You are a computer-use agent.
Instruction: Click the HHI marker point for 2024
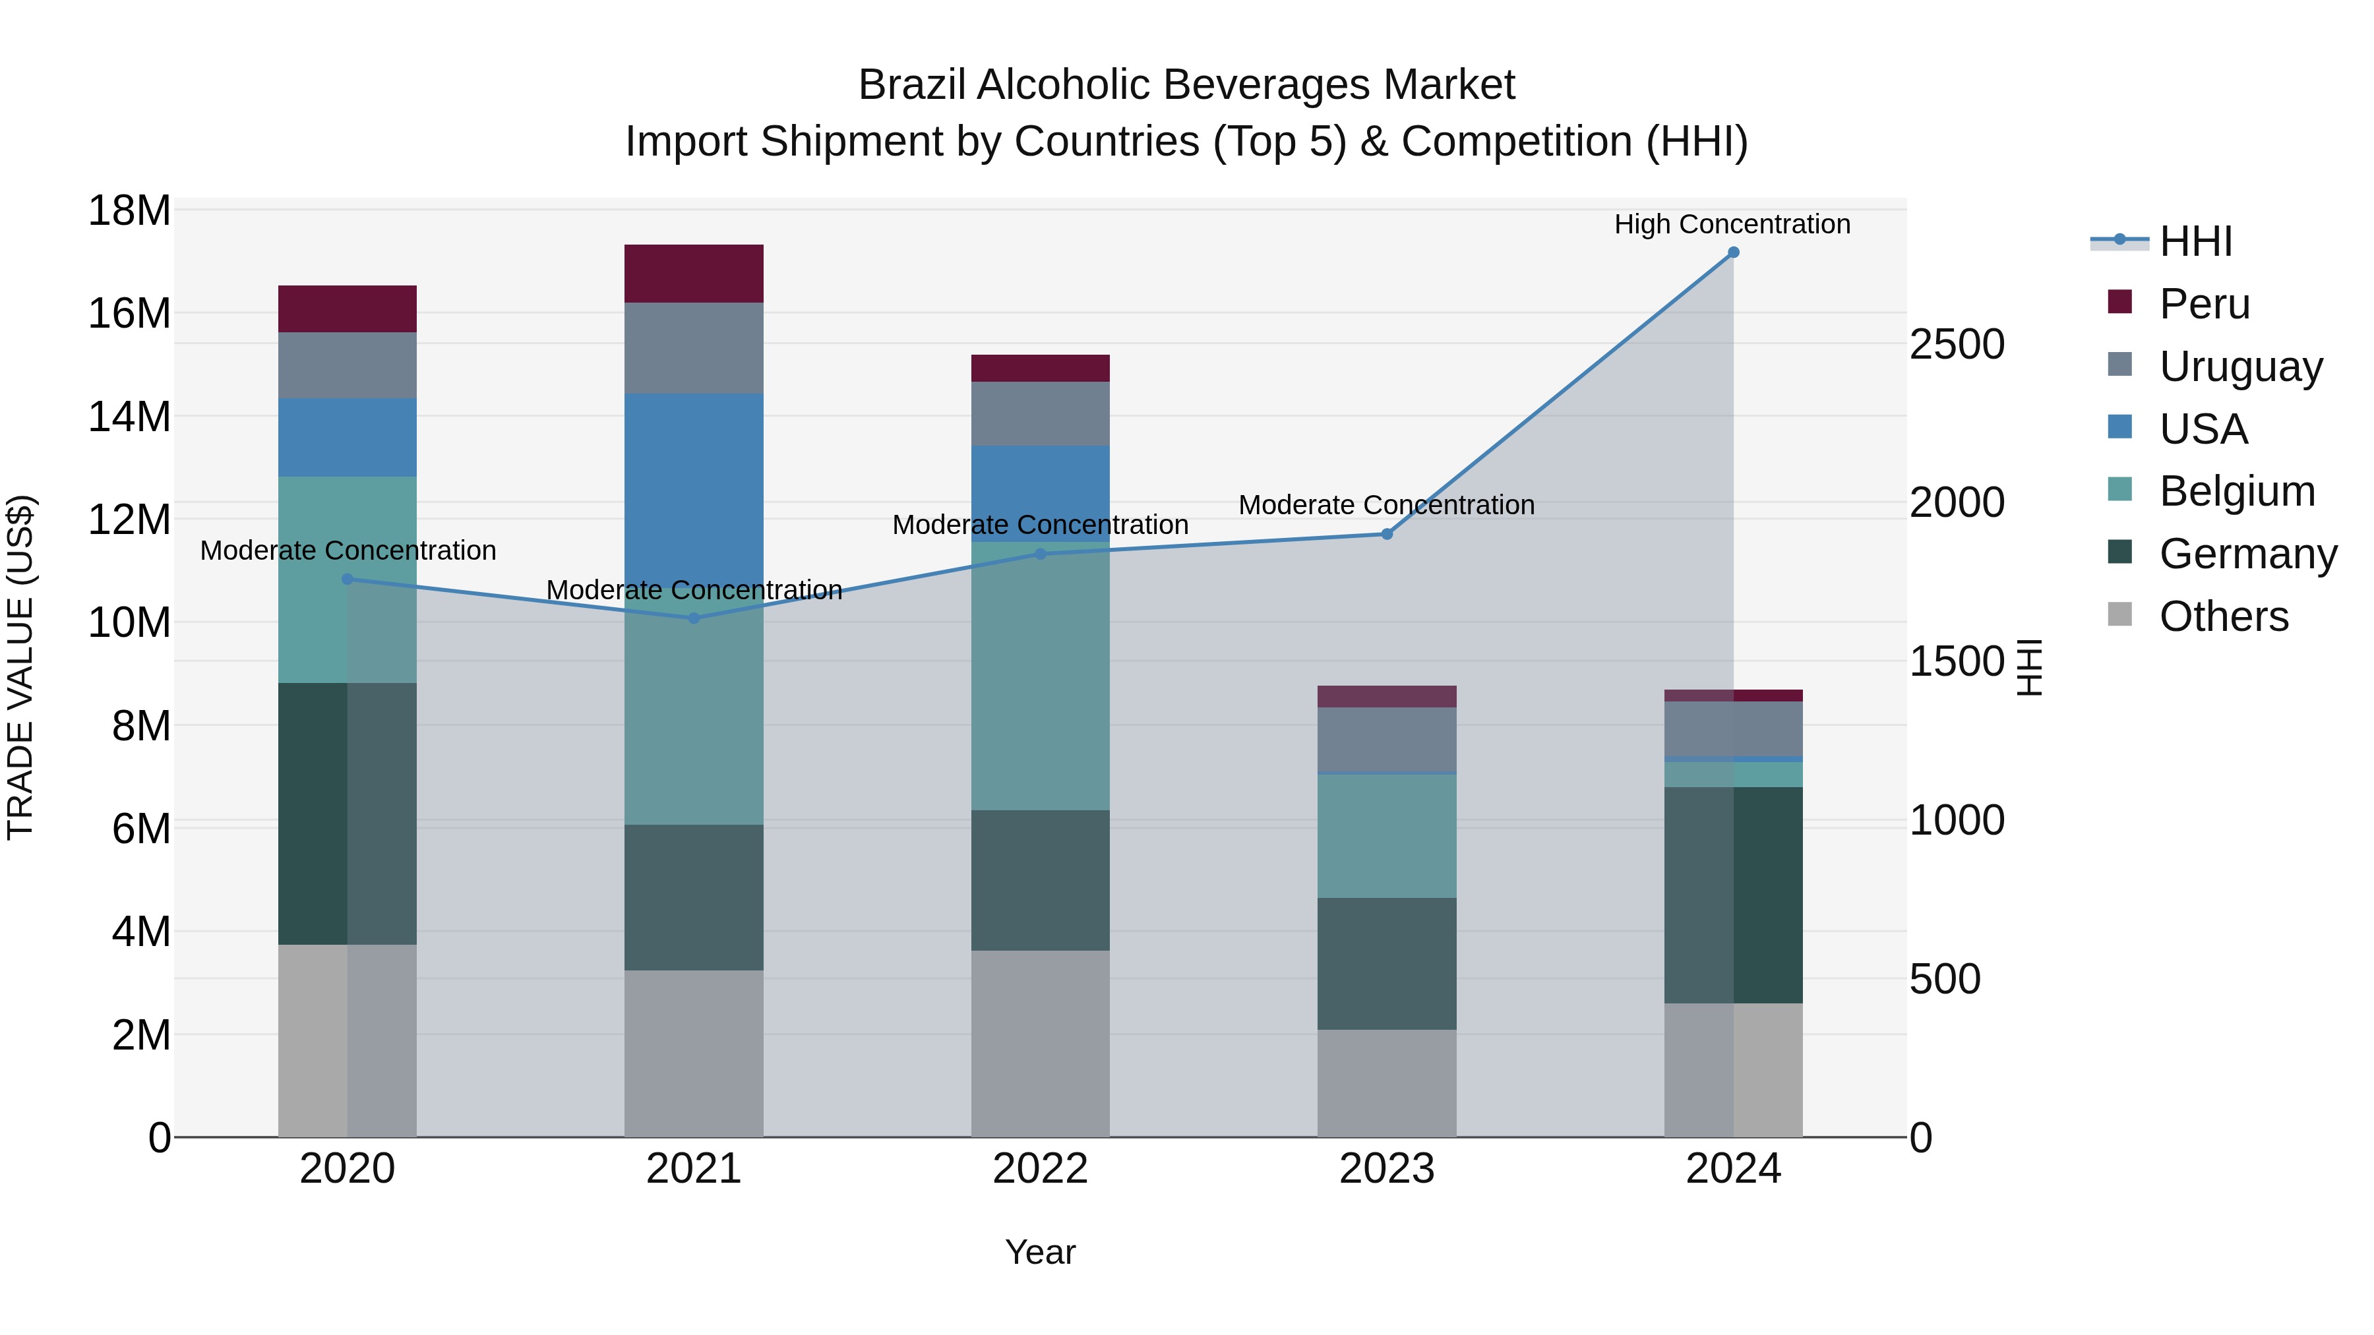(x=1732, y=252)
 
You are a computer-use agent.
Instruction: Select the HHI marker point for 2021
(x=694, y=618)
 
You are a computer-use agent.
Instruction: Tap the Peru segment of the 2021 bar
(x=694, y=274)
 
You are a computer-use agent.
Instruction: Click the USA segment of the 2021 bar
(x=694, y=489)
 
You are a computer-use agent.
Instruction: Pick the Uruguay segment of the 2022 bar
(x=1041, y=413)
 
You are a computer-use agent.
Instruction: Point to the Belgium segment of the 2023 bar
(x=1387, y=836)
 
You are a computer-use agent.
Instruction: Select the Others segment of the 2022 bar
(x=1041, y=1043)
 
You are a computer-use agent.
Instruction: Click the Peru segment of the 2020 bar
(x=348, y=309)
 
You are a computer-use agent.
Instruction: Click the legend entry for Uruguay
(x=2239, y=367)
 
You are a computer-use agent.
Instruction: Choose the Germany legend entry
(x=2247, y=554)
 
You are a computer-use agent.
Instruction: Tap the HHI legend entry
(x=2195, y=241)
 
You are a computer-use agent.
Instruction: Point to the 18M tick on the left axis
(x=129, y=211)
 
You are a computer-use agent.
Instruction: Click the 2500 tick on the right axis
(x=1957, y=345)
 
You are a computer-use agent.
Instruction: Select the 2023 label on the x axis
(x=1387, y=1169)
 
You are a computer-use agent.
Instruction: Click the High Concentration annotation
(x=1732, y=224)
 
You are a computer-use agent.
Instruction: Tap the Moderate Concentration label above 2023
(x=1386, y=505)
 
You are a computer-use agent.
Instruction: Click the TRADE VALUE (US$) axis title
(x=20, y=667)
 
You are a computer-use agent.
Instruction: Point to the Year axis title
(x=1041, y=1252)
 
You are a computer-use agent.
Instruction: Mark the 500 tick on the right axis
(x=1945, y=980)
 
